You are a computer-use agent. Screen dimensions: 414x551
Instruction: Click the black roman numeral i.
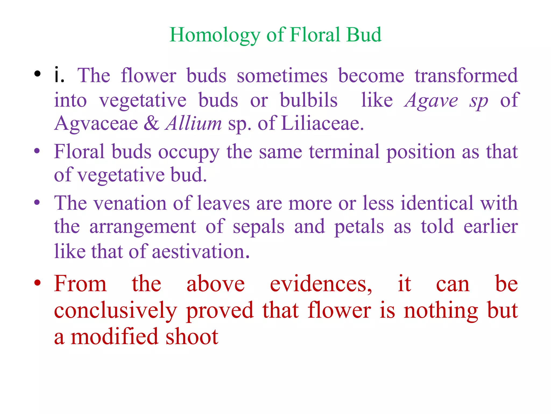(x=59, y=75)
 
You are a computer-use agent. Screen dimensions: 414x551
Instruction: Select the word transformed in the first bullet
(x=466, y=75)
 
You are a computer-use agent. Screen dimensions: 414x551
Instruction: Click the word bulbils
(x=309, y=100)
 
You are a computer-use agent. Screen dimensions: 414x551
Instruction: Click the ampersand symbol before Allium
(x=151, y=123)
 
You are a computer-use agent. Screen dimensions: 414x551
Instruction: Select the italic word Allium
(x=193, y=123)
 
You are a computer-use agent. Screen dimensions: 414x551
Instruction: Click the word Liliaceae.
(x=322, y=123)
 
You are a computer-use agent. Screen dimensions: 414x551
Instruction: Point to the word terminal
(x=344, y=152)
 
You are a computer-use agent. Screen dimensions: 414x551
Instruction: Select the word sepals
(x=258, y=227)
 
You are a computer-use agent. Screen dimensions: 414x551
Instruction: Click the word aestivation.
(x=201, y=251)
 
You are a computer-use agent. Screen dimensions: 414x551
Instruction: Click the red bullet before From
(x=37, y=283)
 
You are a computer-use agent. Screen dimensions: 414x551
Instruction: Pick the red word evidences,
(x=321, y=284)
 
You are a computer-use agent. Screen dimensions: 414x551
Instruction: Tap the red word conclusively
(x=115, y=311)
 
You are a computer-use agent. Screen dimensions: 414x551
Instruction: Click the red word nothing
(x=441, y=311)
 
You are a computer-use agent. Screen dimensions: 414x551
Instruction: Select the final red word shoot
(x=192, y=337)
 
